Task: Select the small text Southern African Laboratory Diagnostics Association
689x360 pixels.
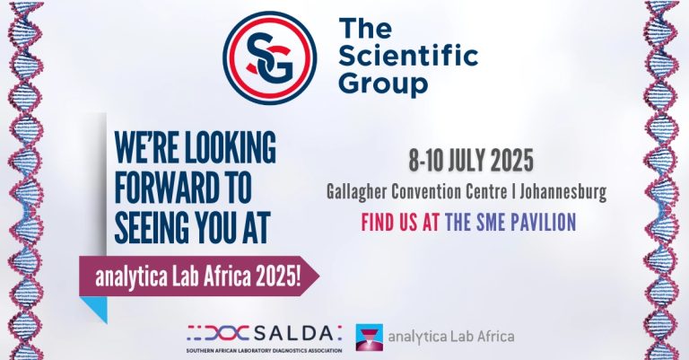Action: (x=263, y=349)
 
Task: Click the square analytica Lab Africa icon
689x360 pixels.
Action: (x=371, y=338)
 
